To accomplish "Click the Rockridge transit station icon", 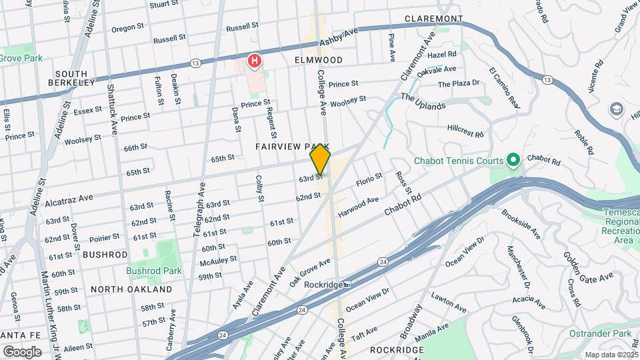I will click(347, 284).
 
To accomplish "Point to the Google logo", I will click(22, 351).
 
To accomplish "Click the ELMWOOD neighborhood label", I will click(319, 60).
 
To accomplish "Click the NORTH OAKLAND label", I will click(131, 289).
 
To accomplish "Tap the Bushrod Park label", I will click(153, 271).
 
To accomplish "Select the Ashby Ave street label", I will click(339, 36).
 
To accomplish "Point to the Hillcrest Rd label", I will click(465, 130).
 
